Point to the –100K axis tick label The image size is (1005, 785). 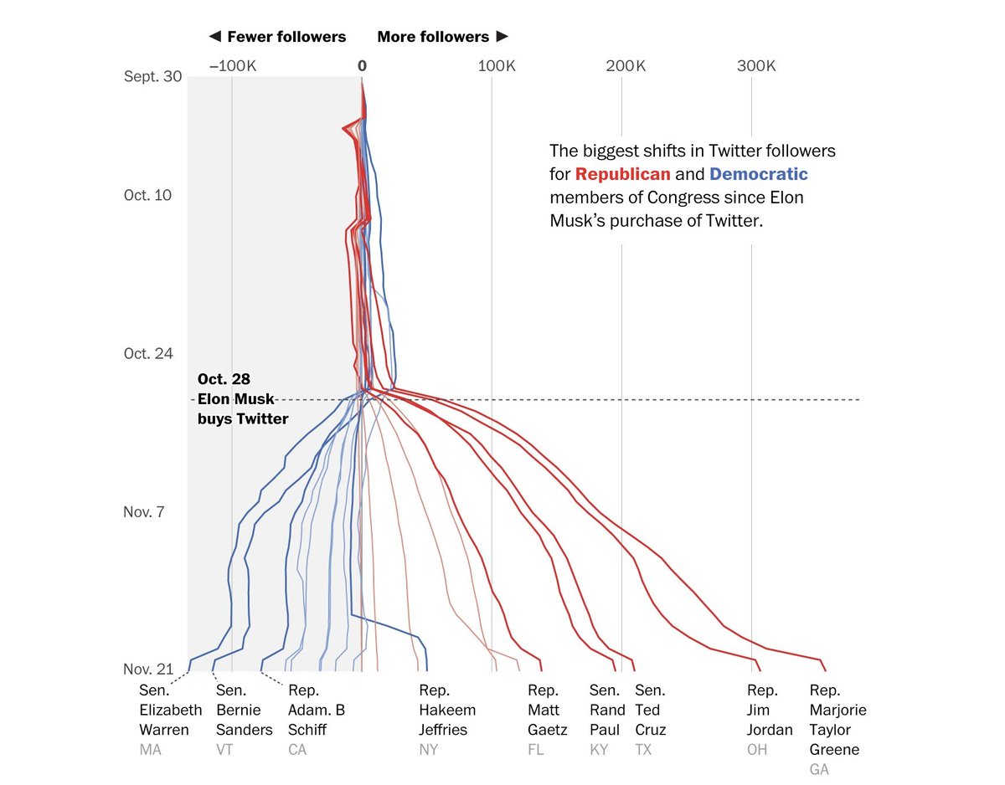[x=232, y=66]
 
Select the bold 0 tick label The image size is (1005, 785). [x=362, y=66]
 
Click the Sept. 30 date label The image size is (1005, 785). [x=152, y=76]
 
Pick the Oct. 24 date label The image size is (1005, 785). [x=148, y=353]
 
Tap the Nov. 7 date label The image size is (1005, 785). [x=144, y=511]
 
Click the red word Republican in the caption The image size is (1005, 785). [x=622, y=174]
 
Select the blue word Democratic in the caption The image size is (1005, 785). [x=758, y=174]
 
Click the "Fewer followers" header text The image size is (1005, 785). [x=277, y=37]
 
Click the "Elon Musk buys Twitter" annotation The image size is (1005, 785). [x=242, y=399]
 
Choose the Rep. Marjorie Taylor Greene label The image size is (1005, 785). [x=837, y=720]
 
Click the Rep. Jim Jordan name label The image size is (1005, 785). [x=769, y=710]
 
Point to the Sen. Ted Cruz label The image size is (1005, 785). [x=650, y=710]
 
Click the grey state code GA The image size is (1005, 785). [x=820, y=769]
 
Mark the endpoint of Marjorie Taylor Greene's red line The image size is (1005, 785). [x=826, y=670]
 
